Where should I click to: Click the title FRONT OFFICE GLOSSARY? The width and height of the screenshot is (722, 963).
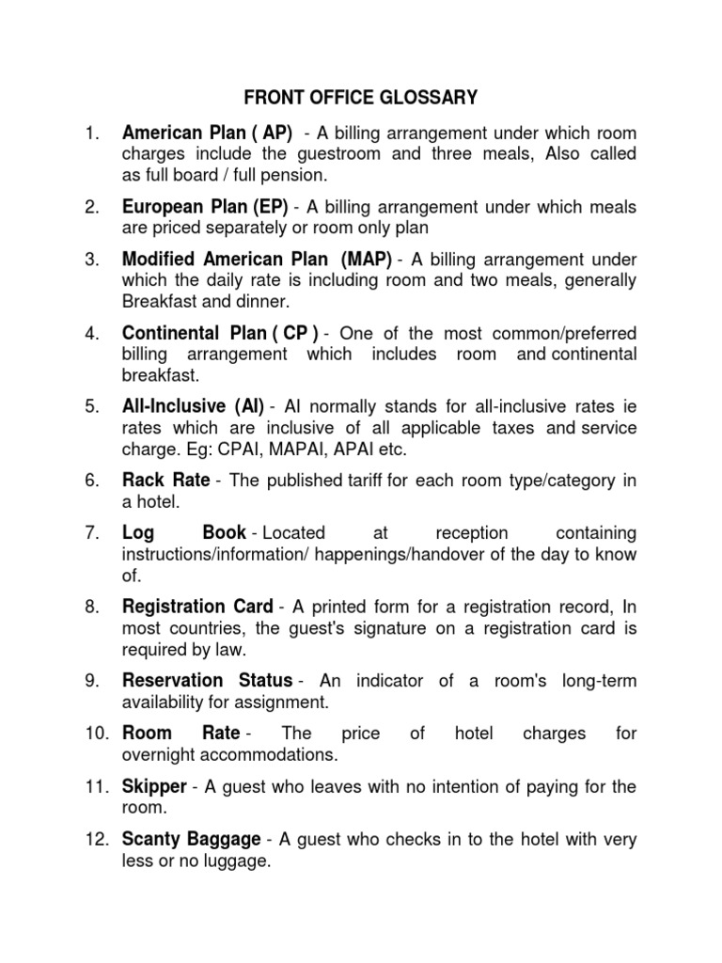pos(361,97)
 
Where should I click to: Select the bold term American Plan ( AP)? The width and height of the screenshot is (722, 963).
pos(208,132)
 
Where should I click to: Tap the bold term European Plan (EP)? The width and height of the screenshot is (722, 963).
pos(205,207)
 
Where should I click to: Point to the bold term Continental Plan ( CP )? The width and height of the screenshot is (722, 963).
pos(221,333)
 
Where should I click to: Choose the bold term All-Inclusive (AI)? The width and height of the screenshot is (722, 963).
pos(193,407)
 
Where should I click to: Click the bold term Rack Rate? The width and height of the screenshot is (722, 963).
pos(166,481)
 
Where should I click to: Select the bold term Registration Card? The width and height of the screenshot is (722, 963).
pos(197,607)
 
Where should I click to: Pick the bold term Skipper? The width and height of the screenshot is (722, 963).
pos(153,786)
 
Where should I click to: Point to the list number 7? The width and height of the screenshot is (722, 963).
pos(91,533)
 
